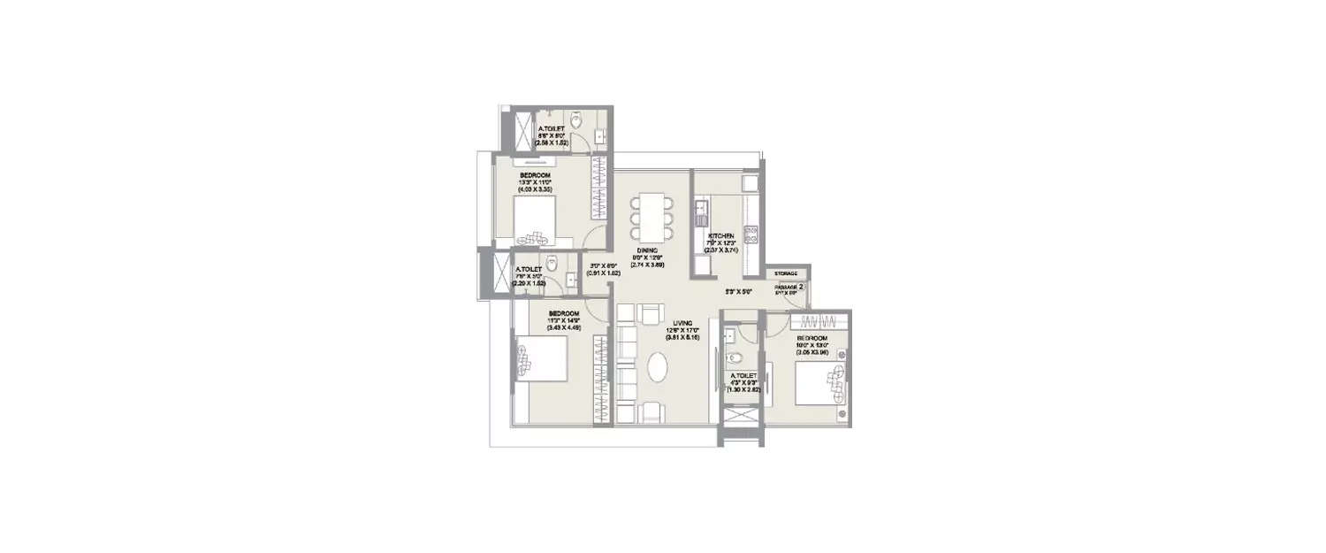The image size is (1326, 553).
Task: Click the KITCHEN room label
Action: [720, 236]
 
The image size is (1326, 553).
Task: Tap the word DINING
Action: [647, 250]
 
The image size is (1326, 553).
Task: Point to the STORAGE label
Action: [787, 274]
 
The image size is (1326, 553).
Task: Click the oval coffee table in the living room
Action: [659, 367]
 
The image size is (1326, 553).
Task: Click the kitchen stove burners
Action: [753, 234]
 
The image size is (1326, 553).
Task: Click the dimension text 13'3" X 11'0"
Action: [536, 183]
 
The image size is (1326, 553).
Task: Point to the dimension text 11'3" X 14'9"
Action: [563, 321]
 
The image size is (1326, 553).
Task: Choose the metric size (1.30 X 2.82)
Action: [743, 389]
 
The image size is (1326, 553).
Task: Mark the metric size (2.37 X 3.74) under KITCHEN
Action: [720, 250]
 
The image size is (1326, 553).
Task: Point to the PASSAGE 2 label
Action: [789, 287]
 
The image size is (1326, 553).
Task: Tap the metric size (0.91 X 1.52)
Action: [603, 273]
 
